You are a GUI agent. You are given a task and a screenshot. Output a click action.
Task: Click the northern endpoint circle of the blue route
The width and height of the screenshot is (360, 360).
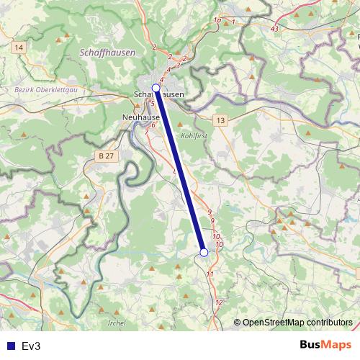[156, 87]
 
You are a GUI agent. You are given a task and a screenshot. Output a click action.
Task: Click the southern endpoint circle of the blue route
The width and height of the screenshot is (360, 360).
[204, 252]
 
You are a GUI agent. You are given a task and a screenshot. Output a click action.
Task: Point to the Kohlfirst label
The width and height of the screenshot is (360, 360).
[194, 135]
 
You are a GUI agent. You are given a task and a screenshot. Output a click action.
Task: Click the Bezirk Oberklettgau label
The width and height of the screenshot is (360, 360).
[42, 90]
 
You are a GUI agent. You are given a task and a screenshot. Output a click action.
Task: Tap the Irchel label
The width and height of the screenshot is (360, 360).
[115, 323]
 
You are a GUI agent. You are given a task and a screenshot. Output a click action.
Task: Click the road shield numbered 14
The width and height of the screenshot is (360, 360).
[18, 47]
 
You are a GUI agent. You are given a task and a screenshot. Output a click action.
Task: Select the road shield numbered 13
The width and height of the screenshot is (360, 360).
[220, 120]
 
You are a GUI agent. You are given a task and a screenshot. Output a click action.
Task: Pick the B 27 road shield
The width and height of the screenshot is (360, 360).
[106, 156]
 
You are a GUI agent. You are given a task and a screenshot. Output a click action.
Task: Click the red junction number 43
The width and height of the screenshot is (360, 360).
[274, 28]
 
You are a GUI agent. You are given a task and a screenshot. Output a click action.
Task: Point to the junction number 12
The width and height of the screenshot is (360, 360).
[219, 302]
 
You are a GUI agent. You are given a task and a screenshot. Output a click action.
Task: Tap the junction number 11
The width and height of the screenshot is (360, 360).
[210, 274]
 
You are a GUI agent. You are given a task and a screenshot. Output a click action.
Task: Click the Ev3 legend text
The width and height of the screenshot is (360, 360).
[31, 346]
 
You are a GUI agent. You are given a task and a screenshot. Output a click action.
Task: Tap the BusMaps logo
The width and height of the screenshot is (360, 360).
[327, 345]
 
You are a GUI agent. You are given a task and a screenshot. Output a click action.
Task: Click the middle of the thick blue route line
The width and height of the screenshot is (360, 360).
[179, 169]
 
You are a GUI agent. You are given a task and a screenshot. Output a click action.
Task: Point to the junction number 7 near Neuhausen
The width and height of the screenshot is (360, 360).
[147, 132]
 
